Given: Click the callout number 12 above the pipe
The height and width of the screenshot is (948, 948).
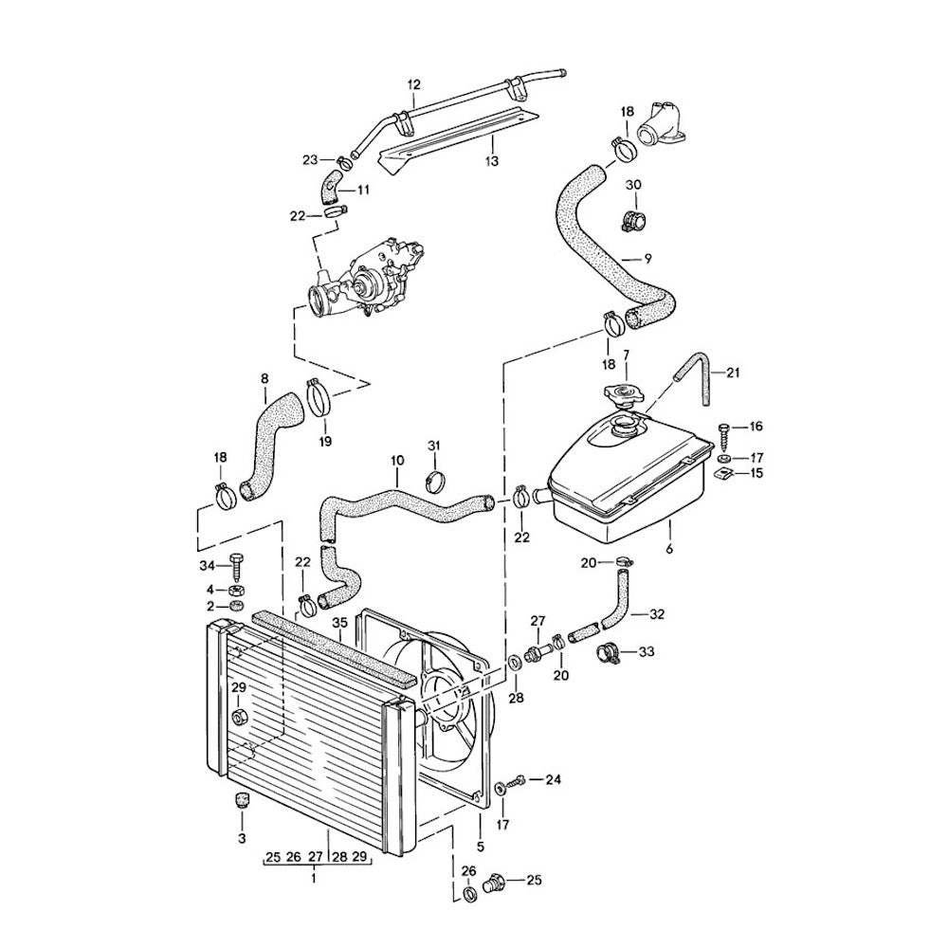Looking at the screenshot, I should [x=413, y=84].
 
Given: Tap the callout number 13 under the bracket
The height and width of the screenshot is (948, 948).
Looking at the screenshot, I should [x=491, y=162].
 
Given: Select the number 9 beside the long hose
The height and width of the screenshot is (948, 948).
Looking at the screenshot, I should [x=647, y=258].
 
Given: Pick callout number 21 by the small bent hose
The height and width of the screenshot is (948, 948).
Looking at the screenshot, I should [x=731, y=372].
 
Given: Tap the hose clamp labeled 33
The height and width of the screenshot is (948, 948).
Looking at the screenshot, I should [x=609, y=652].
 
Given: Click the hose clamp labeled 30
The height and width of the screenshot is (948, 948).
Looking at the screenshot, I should [x=634, y=220].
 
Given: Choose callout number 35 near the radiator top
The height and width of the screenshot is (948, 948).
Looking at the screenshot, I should [x=340, y=623].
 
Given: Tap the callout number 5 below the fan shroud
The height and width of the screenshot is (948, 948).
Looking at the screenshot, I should [x=481, y=847].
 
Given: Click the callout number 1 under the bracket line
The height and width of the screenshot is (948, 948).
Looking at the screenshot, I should [x=314, y=879].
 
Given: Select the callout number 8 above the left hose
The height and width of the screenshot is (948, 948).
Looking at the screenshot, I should [x=264, y=379].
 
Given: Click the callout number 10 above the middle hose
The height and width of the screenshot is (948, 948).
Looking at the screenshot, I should [x=396, y=462].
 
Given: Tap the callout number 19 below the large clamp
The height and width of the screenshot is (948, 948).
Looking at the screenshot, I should [x=325, y=441].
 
